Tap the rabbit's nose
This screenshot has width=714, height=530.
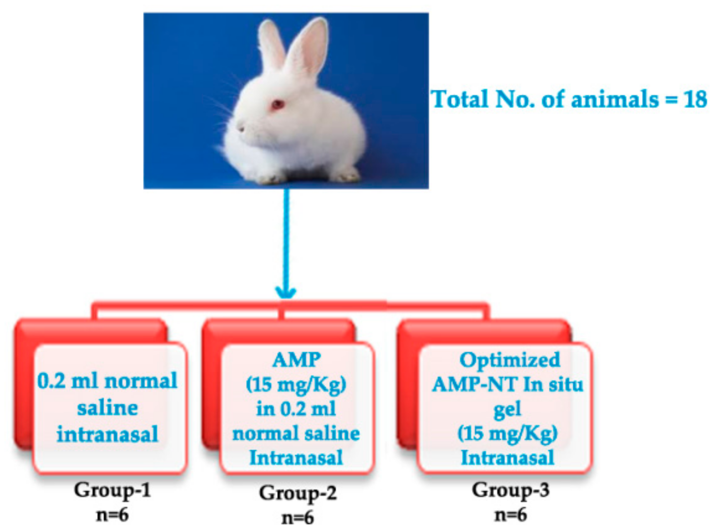pos(238,128)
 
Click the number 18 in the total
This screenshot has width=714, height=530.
pos(695,99)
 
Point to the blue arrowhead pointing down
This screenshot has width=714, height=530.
pos(286,291)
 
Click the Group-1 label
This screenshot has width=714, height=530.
pos(112,490)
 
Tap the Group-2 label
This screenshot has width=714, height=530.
pos(298,493)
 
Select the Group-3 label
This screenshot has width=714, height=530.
pos(510,490)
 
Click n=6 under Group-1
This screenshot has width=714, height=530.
pos(112,515)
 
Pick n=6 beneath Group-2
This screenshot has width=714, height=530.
pos(298,518)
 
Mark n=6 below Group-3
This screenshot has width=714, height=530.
pos(510,515)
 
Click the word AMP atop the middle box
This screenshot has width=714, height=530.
pos(296,360)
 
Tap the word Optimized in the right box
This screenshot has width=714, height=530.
pos(509,360)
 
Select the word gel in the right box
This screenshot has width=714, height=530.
pos(507,409)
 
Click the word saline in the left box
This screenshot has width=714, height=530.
pos(107,408)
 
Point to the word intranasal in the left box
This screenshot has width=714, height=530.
pos(107,434)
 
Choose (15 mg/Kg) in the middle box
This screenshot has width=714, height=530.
pos(296,385)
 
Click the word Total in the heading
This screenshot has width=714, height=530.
pos(460,99)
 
